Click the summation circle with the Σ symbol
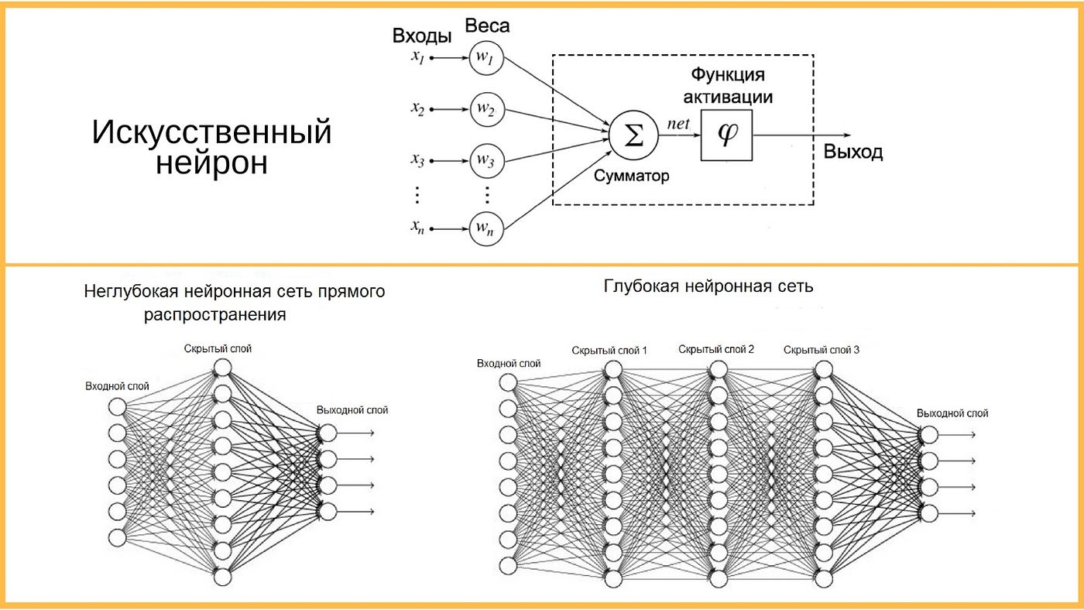click(x=633, y=136)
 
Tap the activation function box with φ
click(x=726, y=135)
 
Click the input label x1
click(x=419, y=57)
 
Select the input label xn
click(x=419, y=229)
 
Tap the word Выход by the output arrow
click(x=853, y=152)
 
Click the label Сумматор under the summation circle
click(x=632, y=176)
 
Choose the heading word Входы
click(x=422, y=36)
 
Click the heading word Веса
click(x=487, y=26)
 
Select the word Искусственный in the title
click(x=211, y=132)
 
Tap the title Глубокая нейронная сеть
click(x=708, y=286)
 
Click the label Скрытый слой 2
click(x=715, y=349)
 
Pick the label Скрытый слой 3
click(x=821, y=350)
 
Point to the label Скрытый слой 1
click(x=609, y=351)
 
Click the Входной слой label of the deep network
click(x=509, y=363)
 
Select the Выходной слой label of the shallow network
click(x=352, y=410)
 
